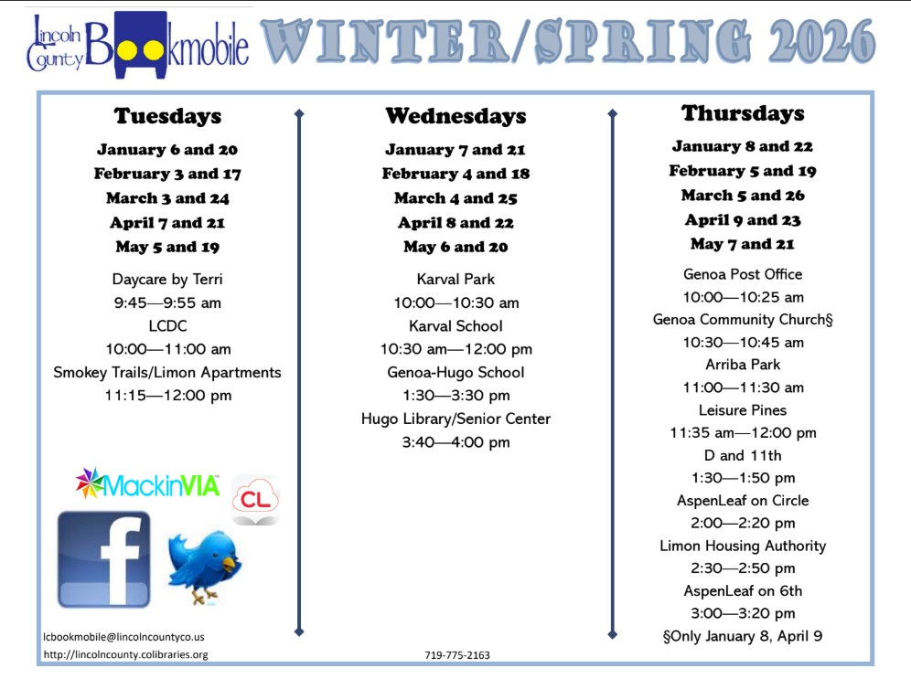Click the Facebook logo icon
point(104,559)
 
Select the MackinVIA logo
point(147,483)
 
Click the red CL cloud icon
point(255,500)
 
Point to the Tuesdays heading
point(168,115)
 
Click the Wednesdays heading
point(456,115)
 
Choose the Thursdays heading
point(743,113)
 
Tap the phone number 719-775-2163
point(457,655)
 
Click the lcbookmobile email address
point(123,637)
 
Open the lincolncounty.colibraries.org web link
point(125,654)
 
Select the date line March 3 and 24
point(168,198)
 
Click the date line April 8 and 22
point(456,222)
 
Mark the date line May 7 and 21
point(743,244)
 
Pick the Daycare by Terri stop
point(167,279)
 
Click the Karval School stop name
point(456,325)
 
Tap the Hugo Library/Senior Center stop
point(456,419)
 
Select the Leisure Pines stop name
point(743,410)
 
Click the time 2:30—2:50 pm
point(743,568)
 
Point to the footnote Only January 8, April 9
point(743,636)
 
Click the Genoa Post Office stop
point(743,274)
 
